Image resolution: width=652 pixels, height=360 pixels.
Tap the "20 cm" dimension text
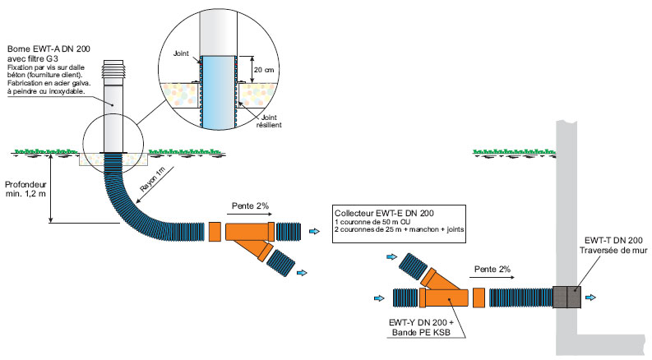coord(264,70)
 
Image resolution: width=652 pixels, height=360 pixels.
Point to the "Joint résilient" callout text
coord(269,121)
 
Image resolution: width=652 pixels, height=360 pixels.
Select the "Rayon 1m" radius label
coord(153,179)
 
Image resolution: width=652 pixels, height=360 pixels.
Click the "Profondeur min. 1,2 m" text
coord(25,189)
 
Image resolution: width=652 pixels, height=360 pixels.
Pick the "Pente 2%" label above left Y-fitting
coord(250,205)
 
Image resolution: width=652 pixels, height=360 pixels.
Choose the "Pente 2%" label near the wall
coord(492,270)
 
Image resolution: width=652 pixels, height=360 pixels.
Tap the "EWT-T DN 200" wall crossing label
coord(613,240)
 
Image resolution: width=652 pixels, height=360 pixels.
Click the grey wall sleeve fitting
coord(566,298)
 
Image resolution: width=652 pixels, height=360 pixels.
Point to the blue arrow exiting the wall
coord(591,298)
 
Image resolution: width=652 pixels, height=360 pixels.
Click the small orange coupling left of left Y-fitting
coord(215,232)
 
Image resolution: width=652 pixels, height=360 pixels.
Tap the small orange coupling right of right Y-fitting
coord(479,298)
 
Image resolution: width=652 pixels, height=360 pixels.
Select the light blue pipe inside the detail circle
coord(218,92)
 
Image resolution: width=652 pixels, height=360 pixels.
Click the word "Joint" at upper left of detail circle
coord(182,53)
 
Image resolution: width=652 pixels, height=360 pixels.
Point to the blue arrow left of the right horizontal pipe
coord(379,298)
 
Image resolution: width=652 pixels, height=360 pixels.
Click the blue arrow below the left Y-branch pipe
coord(302,273)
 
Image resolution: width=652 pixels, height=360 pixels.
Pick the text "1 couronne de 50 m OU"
coord(372,222)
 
